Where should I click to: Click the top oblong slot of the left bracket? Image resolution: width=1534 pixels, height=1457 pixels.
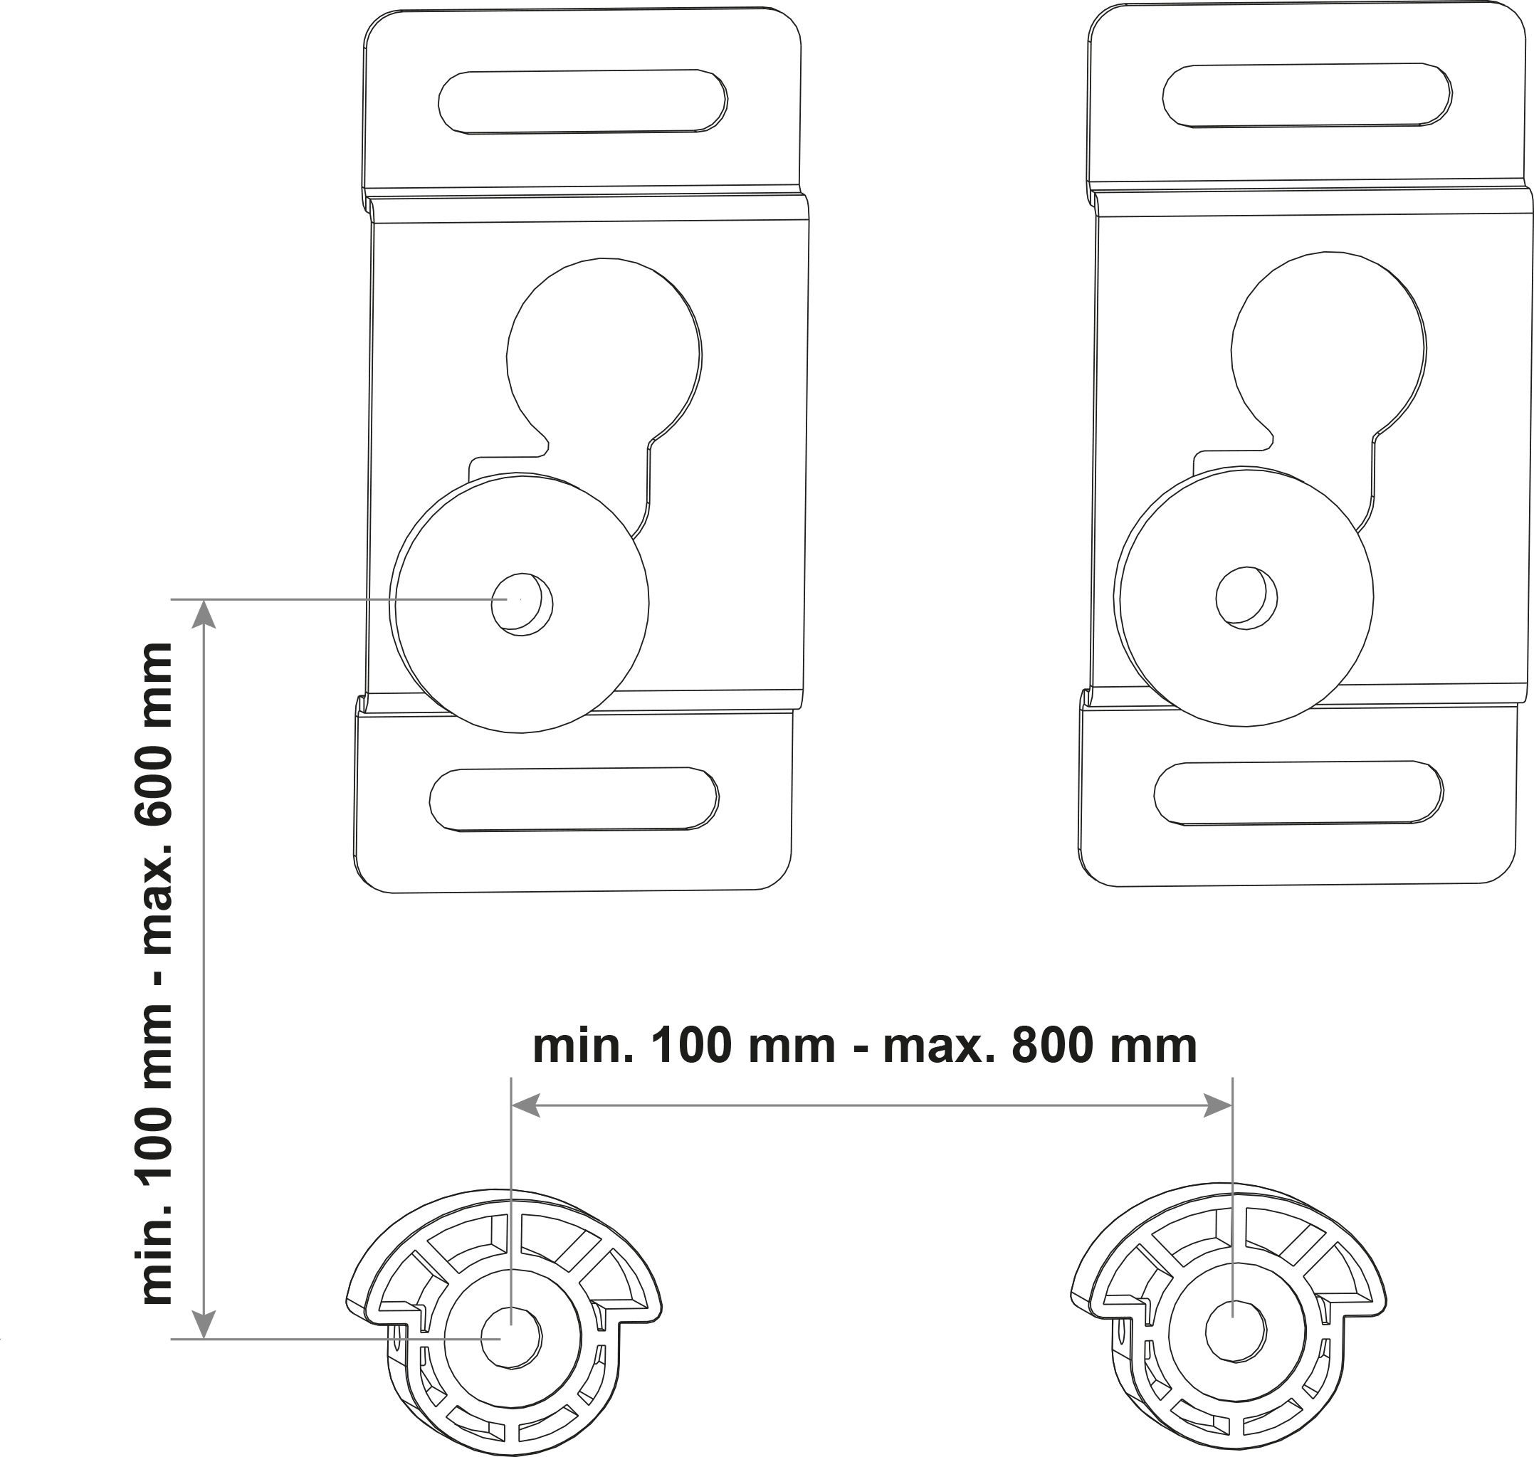(x=582, y=102)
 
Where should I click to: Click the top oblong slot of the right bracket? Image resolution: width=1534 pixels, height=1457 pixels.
(x=1307, y=95)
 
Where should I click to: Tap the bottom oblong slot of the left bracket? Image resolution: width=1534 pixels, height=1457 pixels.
(x=574, y=799)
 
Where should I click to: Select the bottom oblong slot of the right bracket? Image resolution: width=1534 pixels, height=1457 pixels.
(x=1298, y=793)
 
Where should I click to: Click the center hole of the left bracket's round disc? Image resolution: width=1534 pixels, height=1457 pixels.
(x=522, y=604)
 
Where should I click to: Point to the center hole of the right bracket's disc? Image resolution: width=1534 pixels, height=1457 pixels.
(x=1246, y=598)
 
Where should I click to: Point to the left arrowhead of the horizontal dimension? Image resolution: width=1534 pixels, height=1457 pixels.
(x=526, y=1105)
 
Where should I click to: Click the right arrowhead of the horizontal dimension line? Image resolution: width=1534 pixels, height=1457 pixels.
(x=1217, y=1105)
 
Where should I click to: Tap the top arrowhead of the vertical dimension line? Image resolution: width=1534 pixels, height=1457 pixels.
(x=204, y=614)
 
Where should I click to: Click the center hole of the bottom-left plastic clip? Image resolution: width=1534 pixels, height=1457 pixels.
(x=511, y=1337)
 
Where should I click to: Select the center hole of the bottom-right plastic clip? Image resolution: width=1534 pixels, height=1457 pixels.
(x=1236, y=1331)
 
